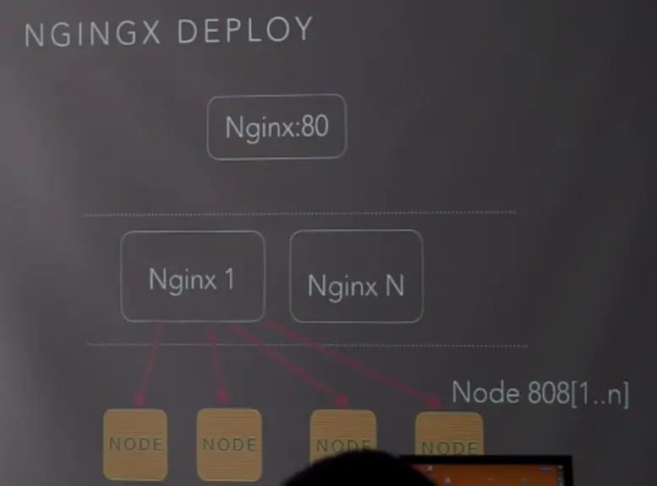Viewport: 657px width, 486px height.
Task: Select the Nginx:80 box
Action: point(276,127)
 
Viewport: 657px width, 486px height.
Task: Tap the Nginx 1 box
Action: point(192,277)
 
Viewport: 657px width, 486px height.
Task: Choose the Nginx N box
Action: point(356,277)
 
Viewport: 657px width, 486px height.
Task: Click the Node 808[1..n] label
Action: point(539,392)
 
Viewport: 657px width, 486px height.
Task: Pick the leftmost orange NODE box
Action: point(135,444)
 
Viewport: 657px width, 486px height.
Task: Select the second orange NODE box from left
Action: point(228,444)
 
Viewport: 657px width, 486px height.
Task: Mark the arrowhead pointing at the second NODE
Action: point(223,397)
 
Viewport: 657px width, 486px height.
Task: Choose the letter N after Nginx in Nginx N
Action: point(393,286)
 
